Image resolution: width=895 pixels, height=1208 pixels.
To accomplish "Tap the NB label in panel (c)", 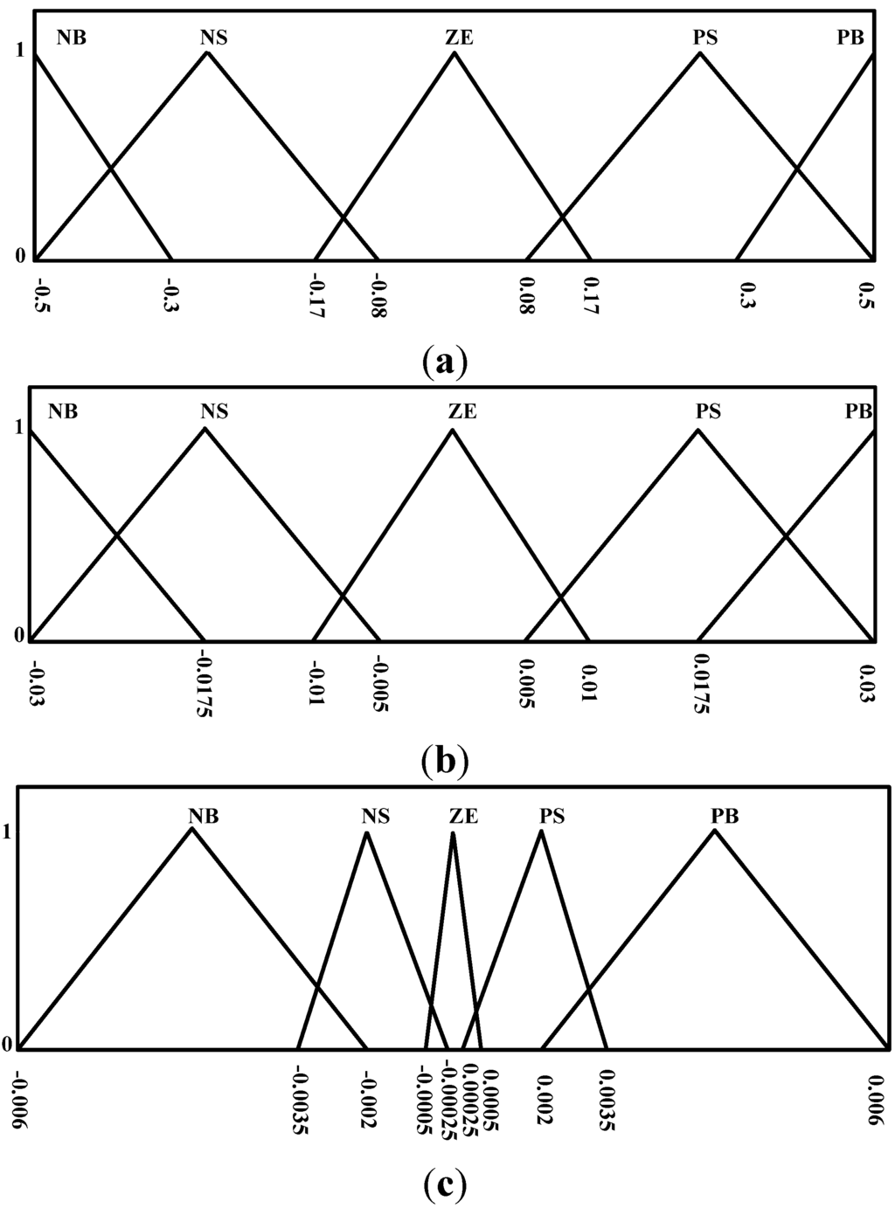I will point(203,816).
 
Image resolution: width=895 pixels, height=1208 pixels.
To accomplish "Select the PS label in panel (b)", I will point(708,411).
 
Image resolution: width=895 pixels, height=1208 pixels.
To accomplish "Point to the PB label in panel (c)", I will point(725,816).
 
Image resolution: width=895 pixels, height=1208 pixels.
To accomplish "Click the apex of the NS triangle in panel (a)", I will point(207,52).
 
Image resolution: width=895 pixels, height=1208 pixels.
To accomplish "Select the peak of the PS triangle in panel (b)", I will point(697,429).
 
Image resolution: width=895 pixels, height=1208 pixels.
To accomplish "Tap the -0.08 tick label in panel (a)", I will point(379,296).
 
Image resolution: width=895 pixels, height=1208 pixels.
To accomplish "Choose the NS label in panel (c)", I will point(376,816).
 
